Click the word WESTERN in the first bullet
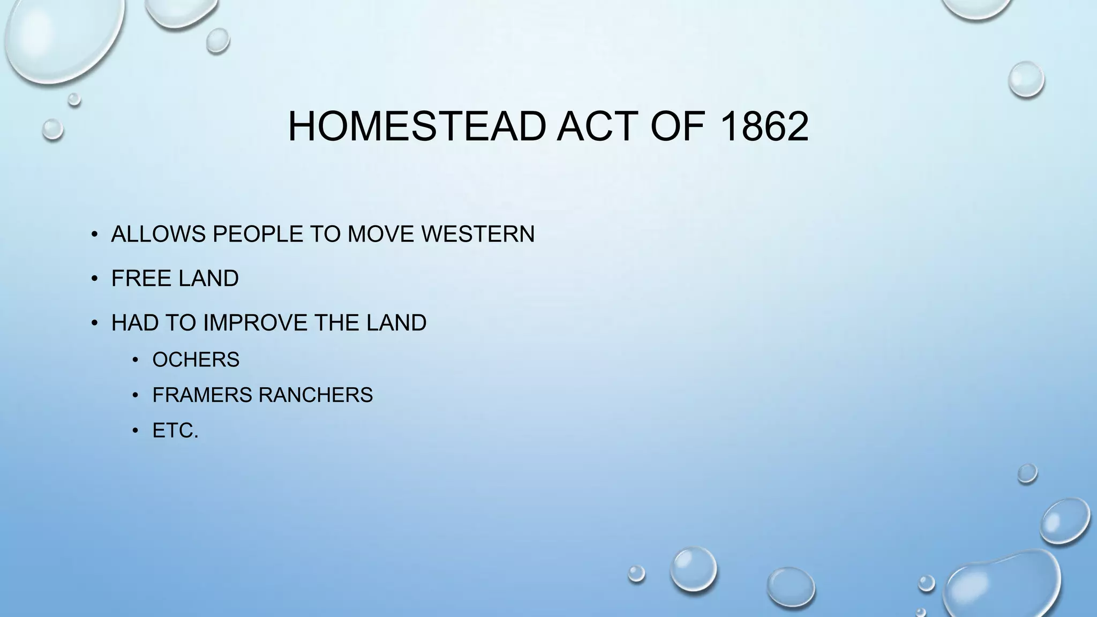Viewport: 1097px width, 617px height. pyautogui.click(x=478, y=234)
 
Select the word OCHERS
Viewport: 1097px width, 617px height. pyautogui.click(x=196, y=359)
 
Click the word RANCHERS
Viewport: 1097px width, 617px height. pyautogui.click(x=315, y=395)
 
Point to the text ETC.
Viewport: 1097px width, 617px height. pyautogui.click(x=175, y=431)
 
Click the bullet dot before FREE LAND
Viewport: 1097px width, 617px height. pyautogui.click(x=94, y=279)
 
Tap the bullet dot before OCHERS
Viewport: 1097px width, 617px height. pyautogui.click(x=136, y=359)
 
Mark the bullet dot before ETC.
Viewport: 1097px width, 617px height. pyautogui.click(x=136, y=431)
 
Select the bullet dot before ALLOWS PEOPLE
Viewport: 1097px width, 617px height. pyautogui.click(x=94, y=234)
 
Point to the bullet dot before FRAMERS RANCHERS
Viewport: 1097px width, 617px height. pyautogui.click(x=136, y=395)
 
